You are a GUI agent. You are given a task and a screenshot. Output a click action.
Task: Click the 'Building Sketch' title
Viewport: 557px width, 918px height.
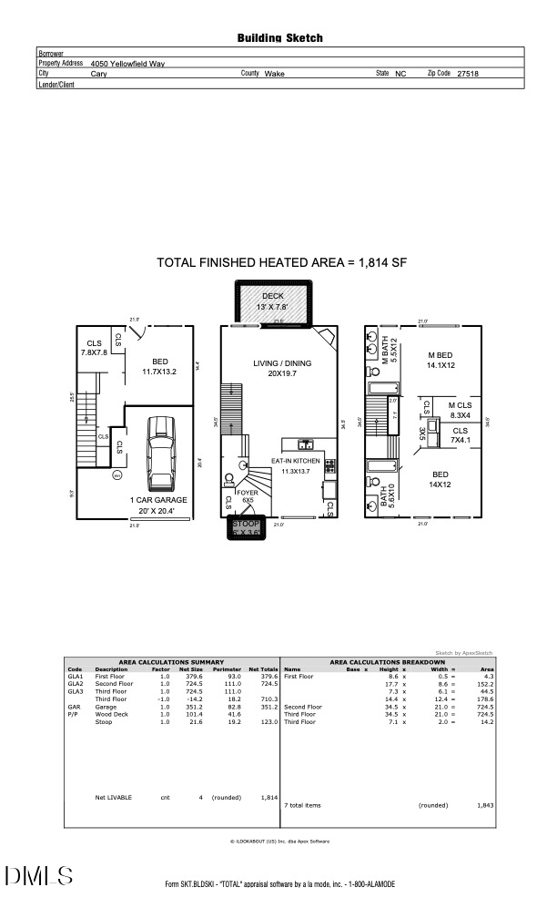(x=279, y=38)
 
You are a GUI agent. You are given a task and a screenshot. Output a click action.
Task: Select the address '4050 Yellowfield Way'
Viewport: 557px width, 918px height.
(x=127, y=64)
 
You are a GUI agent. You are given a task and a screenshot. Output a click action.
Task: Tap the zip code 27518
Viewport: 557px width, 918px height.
(x=468, y=74)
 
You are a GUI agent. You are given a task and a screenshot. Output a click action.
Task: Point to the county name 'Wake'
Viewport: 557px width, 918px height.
(x=274, y=74)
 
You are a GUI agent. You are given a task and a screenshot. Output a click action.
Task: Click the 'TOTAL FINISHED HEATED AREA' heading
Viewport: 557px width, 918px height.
(x=281, y=262)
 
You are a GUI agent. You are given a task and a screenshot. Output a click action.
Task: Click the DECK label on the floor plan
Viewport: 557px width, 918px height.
(x=273, y=297)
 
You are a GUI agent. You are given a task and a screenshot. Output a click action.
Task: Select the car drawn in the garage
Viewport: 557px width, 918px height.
(x=161, y=453)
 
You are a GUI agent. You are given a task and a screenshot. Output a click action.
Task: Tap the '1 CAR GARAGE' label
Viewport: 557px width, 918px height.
(x=157, y=500)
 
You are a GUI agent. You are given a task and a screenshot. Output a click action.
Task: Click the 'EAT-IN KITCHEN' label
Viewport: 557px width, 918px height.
(x=297, y=462)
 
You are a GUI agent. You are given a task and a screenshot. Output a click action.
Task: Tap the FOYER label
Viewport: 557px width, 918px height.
(x=247, y=492)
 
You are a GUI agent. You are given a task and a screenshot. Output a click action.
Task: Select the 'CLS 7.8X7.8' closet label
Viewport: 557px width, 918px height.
(x=94, y=348)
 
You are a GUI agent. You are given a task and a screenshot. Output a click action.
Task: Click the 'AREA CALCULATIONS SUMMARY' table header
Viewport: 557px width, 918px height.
(x=171, y=662)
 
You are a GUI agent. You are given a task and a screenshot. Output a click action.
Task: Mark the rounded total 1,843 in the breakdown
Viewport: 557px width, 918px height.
(x=485, y=805)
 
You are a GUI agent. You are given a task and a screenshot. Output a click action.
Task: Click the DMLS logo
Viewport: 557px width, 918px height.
(x=39, y=878)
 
